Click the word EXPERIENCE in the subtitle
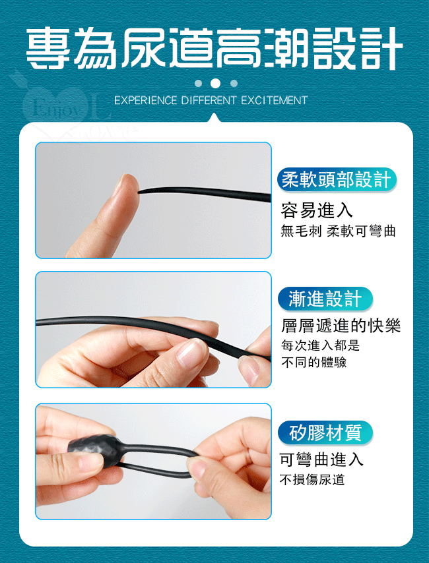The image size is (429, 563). [145, 100]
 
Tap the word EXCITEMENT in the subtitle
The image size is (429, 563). [275, 100]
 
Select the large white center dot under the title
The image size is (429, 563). [215, 83]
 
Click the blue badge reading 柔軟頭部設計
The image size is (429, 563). [337, 179]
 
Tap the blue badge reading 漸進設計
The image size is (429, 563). [325, 299]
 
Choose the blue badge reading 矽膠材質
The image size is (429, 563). [325, 432]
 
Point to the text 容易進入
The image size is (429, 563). [317, 210]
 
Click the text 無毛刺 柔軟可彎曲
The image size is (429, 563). [338, 231]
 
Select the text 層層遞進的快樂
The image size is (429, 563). [341, 326]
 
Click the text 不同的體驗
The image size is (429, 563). [313, 363]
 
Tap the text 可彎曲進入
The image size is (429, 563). [321, 459]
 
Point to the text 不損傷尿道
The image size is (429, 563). [312, 480]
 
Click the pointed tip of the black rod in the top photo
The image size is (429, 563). [139, 191]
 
